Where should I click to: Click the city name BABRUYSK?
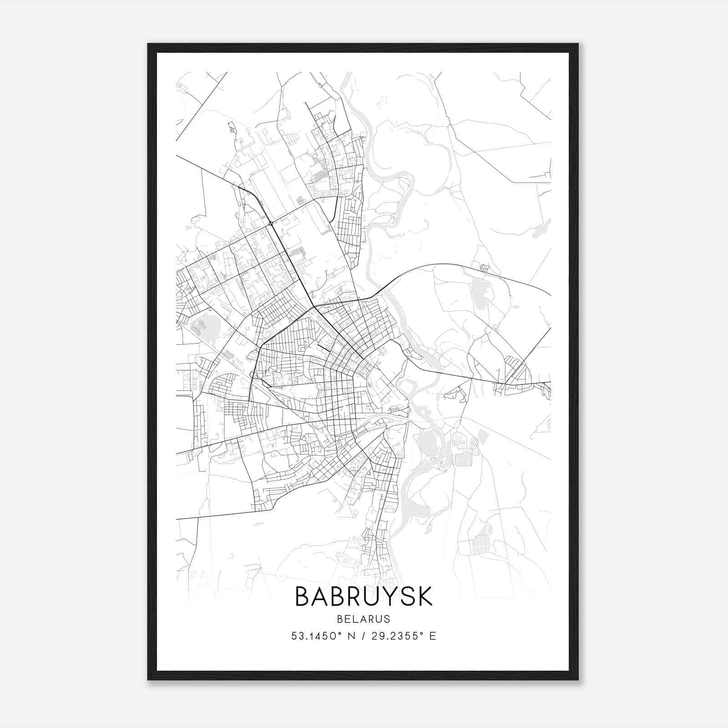point(364,597)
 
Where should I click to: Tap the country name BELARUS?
point(364,619)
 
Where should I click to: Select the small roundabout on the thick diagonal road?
point(271,223)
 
